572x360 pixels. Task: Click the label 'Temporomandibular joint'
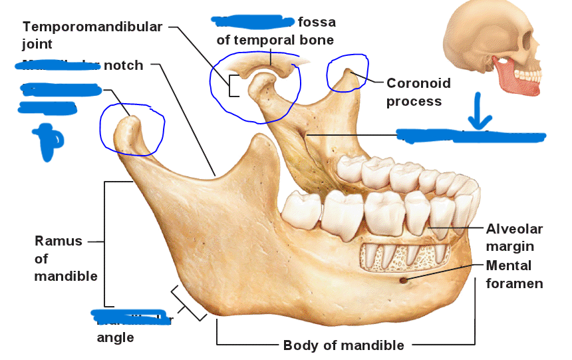click(92, 35)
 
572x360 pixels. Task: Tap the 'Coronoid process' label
click(418, 92)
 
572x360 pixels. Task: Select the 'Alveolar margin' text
click(514, 238)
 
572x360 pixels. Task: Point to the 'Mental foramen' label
click(514, 274)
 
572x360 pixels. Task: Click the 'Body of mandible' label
click(343, 345)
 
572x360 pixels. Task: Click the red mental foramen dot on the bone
click(403, 279)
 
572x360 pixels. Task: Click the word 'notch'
click(123, 65)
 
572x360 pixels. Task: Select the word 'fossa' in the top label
click(317, 22)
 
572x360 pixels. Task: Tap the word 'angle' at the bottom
click(115, 337)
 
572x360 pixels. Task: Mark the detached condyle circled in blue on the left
click(132, 130)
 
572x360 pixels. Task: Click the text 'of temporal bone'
click(275, 40)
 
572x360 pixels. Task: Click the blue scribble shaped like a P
click(48, 141)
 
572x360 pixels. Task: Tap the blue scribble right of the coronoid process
click(471, 136)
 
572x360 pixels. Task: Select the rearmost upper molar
click(350, 170)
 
